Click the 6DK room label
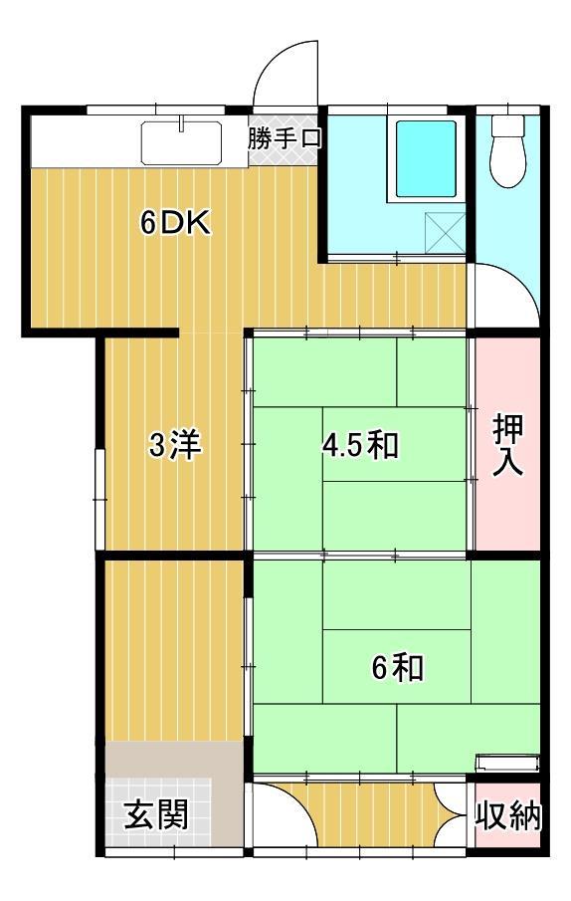click(174, 223)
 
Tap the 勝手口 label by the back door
click(285, 137)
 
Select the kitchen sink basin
click(185, 143)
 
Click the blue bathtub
click(426, 157)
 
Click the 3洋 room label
click(175, 446)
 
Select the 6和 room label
click(397, 667)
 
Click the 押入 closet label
click(508, 445)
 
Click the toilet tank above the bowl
click(508, 126)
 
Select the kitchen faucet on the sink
click(184, 124)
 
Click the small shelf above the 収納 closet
click(507, 764)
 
